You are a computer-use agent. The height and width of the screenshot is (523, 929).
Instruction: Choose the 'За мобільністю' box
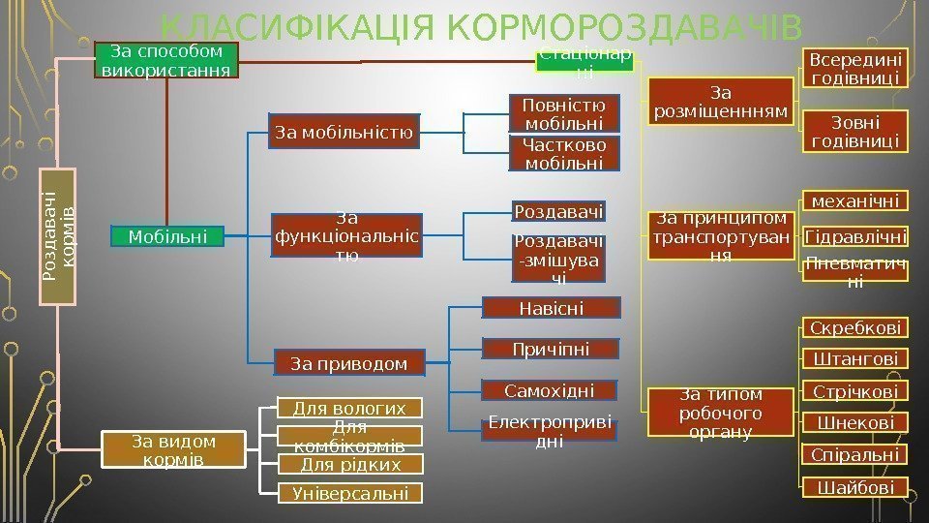(x=345, y=132)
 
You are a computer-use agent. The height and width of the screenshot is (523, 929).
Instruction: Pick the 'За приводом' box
(x=348, y=363)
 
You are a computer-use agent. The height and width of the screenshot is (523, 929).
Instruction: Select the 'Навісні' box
(x=551, y=308)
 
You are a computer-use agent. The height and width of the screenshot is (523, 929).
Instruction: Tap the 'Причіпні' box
(x=551, y=349)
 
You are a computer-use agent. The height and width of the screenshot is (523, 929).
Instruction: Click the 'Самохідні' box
(x=551, y=390)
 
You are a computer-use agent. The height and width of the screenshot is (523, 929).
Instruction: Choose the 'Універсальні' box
(x=350, y=494)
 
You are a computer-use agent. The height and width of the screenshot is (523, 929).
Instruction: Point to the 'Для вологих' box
(x=350, y=408)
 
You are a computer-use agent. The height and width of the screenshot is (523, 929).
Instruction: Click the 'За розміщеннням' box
(x=721, y=103)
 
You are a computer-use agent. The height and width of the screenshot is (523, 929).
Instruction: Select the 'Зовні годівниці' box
(x=855, y=132)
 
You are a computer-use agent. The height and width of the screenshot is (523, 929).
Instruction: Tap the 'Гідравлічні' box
(x=855, y=236)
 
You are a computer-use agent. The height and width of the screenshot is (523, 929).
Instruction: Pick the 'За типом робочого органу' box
(x=721, y=414)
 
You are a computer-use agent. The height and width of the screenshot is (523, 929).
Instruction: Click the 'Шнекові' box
(x=855, y=423)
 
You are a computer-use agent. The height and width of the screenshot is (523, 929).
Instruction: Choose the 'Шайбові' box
(x=855, y=487)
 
